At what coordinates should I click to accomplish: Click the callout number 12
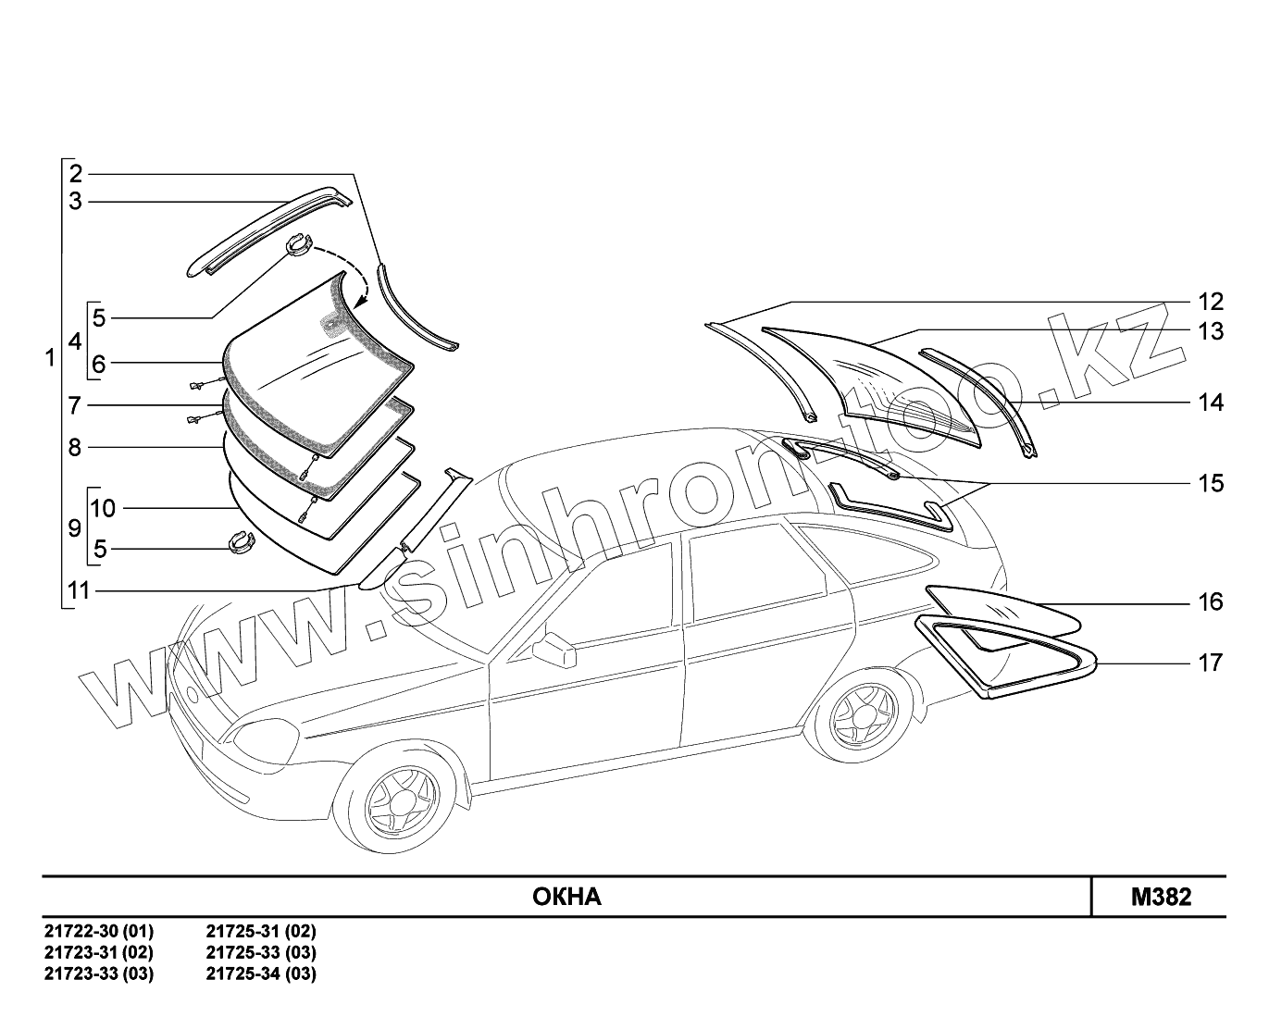pos(1210,302)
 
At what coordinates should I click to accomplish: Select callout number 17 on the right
pos(1210,663)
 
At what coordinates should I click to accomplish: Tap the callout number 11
pos(79,589)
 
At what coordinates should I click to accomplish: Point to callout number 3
pos(76,201)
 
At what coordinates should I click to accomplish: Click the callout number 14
pos(1210,403)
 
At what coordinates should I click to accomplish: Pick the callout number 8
pos(75,447)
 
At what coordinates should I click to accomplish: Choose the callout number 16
pos(1210,602)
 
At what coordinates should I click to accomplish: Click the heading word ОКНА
pos(566,897)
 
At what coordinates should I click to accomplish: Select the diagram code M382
pos(1161,897)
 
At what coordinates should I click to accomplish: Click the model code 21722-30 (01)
pos(99,931)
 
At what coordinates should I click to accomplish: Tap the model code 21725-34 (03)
pos(261,973)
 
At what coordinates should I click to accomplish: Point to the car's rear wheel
pos(862,717)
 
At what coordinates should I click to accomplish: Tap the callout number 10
pos(103,508)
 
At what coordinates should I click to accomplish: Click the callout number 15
pos(1210,483)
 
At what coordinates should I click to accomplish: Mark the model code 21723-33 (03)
pos(99,973)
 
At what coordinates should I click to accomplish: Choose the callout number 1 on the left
pos(50,357)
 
